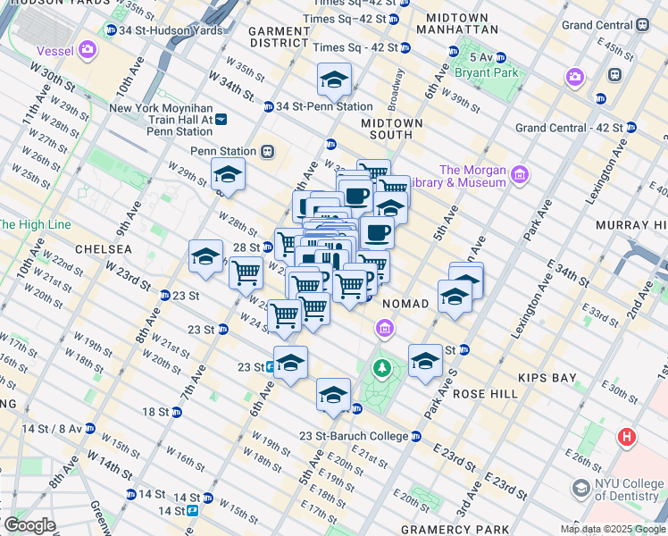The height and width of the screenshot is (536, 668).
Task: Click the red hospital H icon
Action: coord(627,437)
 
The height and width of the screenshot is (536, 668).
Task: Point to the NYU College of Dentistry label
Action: coord(617,490)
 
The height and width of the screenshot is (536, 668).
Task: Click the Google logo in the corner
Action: coord(29,524)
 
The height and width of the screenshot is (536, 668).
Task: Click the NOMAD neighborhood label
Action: coord(405,304)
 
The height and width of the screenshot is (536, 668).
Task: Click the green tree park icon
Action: coord(382,366)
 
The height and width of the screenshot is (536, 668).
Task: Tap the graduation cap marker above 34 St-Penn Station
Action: coord(334,80)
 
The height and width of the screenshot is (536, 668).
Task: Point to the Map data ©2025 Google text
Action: coord(613,529)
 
